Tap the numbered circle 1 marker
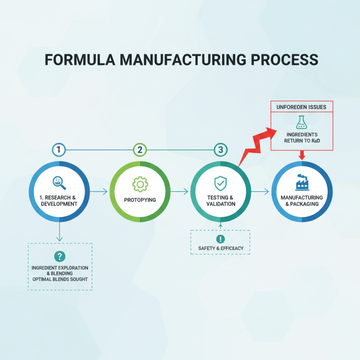(x=59, y=150)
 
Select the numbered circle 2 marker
(x=140, y=150)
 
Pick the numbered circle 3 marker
(x=220, y=150)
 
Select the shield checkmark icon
(x=220, y=183)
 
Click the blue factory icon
(x=301, y=182)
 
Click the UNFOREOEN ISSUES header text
(x=301, y=107)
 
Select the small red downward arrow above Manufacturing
(x=302, y=155)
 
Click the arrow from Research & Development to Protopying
(x=99, y=192)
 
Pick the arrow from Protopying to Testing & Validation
(x=180, y=192)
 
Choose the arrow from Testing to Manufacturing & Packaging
(x=261, y=192)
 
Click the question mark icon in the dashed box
(x=59, y=256)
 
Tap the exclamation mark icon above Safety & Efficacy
(x=220, y=239)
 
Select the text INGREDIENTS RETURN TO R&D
(x=301, y=138)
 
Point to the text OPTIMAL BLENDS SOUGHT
(x=60, y=279)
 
